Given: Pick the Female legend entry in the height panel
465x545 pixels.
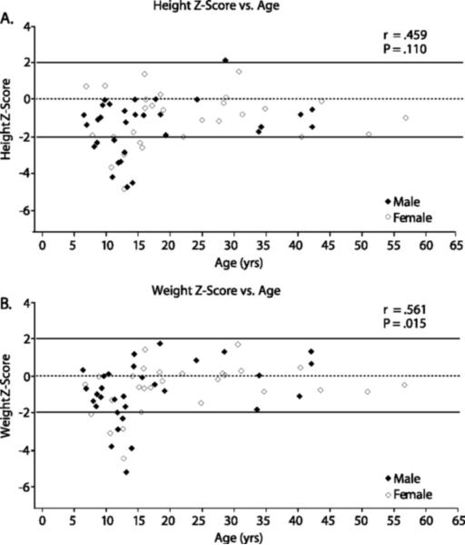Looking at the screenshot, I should (410, 217).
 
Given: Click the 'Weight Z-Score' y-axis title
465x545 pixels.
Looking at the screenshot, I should (10, 409).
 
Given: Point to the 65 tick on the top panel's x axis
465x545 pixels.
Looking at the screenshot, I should (457, 245).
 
